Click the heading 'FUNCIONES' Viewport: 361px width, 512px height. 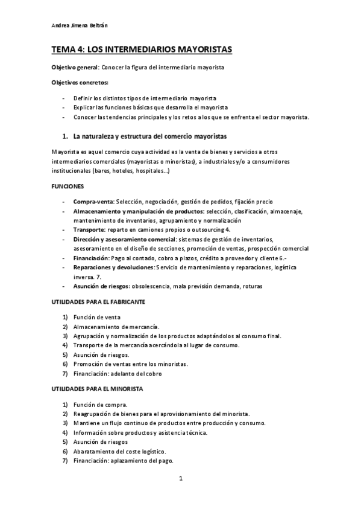(x=67, y=187)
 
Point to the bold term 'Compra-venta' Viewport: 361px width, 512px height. (x=93, y=201)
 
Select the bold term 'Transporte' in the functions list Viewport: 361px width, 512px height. (x=89, y=229)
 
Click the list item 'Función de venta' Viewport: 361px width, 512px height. (x=97, y=317)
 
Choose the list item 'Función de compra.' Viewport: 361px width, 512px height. (x=99, y=405)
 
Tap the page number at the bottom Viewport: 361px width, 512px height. (x=180, y=479)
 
